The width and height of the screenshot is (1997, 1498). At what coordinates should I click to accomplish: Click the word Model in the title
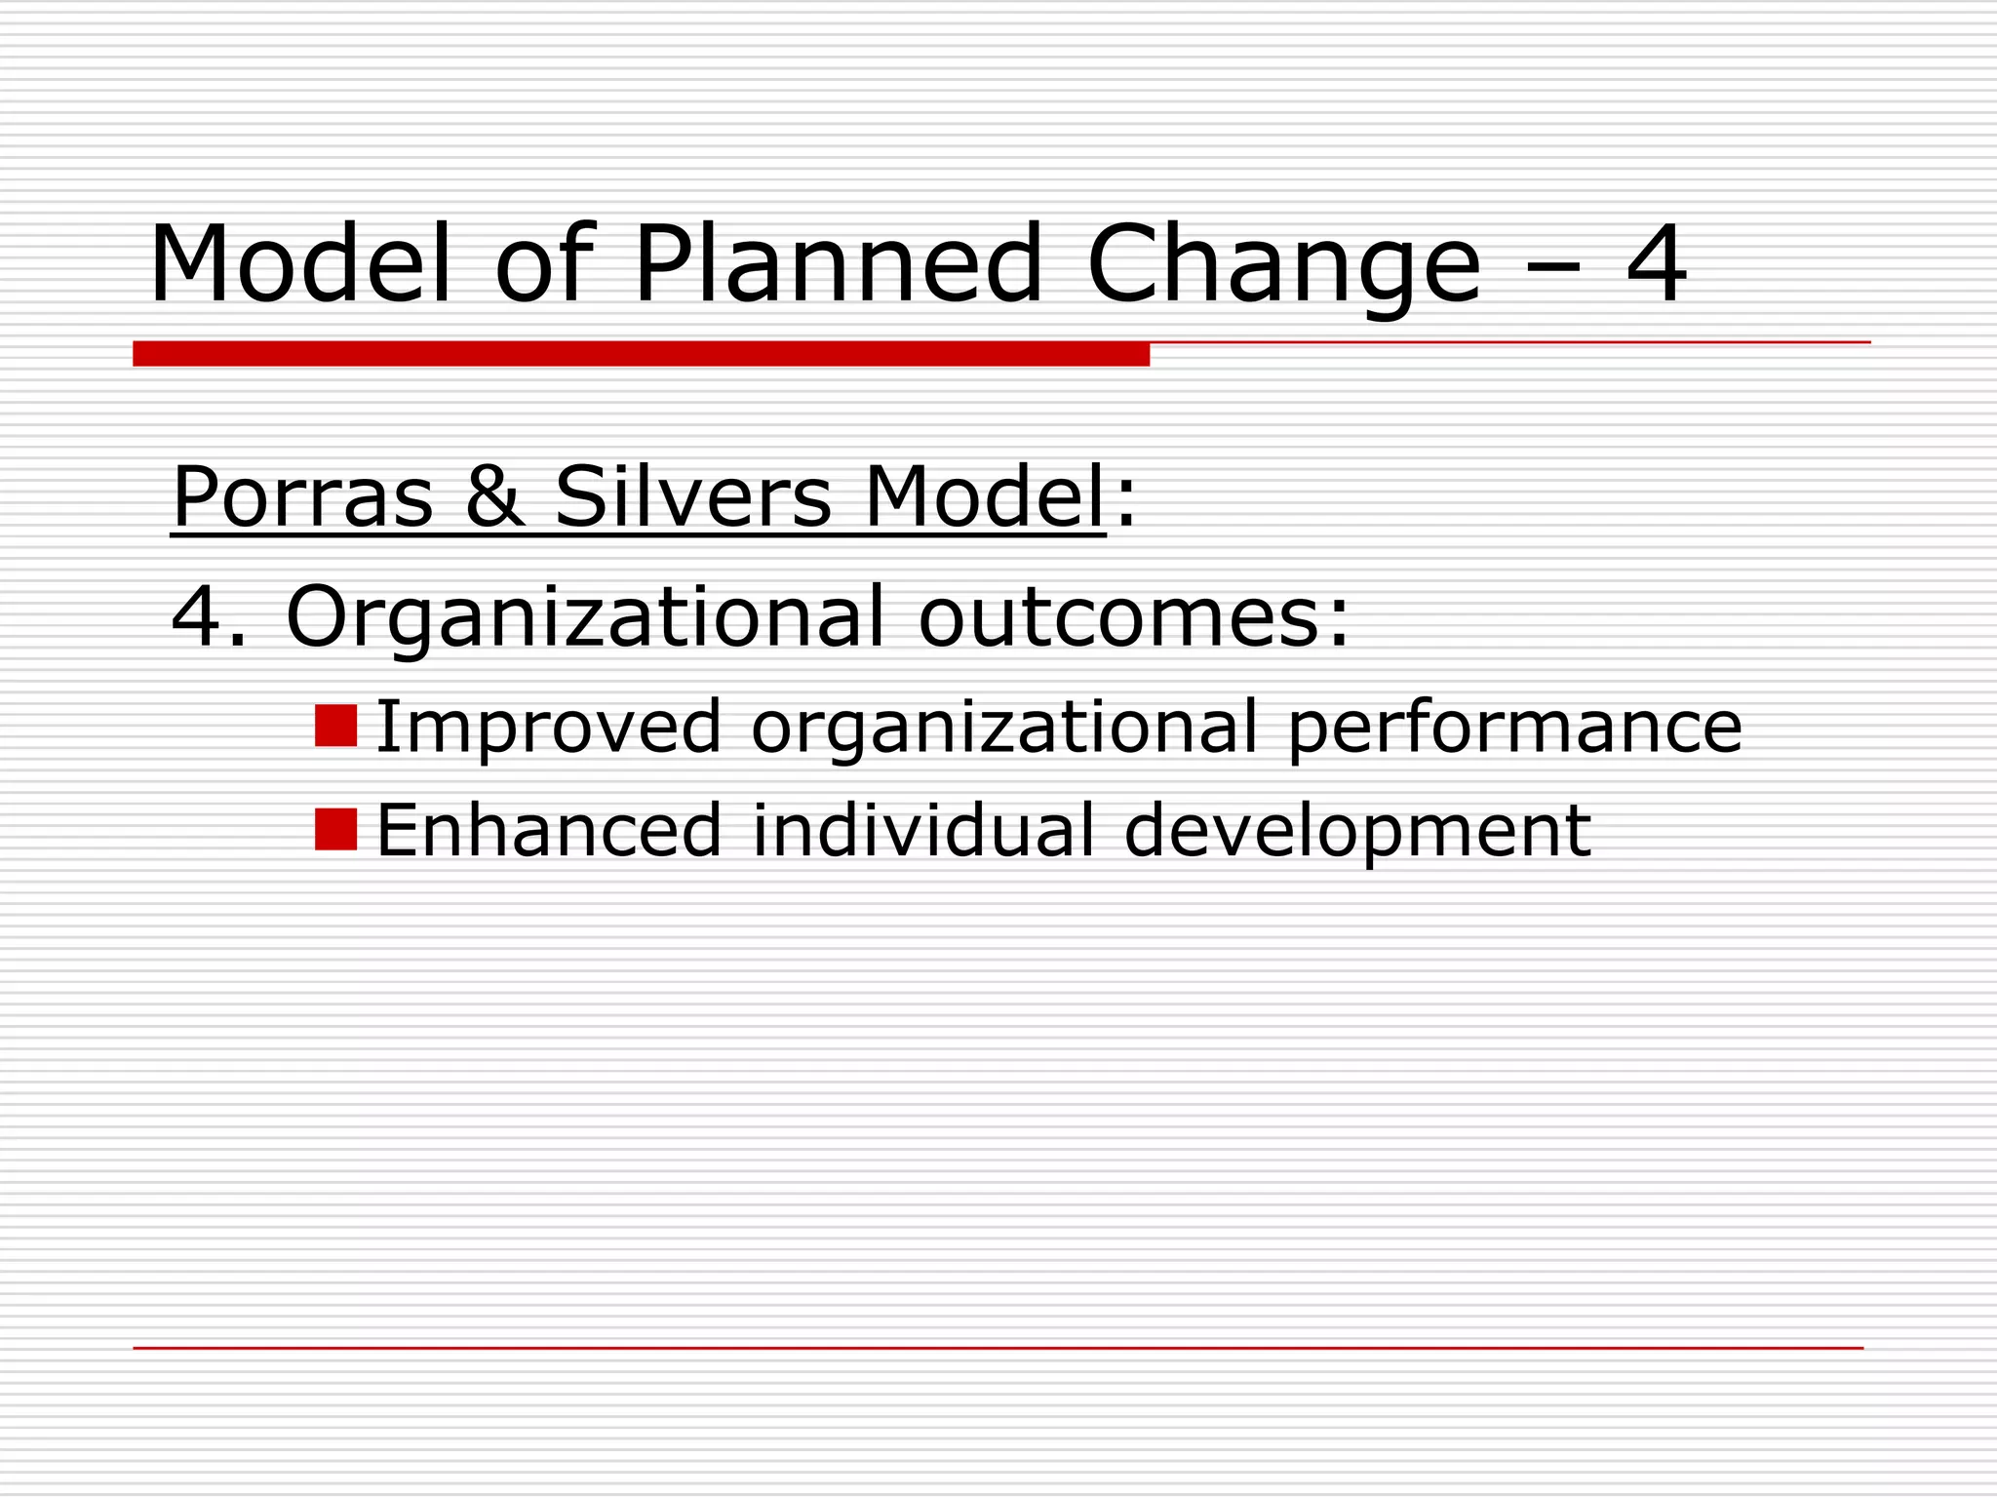point(300,264)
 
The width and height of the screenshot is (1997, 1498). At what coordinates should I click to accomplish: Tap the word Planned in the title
point(839,264)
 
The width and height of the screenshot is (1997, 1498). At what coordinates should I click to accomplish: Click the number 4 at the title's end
point(1656,264)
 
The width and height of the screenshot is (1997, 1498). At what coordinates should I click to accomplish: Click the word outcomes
point(1134,616)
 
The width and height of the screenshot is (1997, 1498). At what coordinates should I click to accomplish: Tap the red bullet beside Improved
point(335,726)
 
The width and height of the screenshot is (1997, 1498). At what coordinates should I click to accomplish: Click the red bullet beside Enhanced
point(335,829)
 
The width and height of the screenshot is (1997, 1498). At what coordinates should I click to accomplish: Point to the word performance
point(1514,728)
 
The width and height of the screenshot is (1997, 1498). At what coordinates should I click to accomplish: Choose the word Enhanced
point(548,831)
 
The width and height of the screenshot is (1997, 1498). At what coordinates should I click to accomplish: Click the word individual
point(923,831)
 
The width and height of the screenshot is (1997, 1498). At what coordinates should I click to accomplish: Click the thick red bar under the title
point(641,354)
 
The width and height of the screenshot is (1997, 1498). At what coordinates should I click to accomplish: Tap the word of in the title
point(543,264)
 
